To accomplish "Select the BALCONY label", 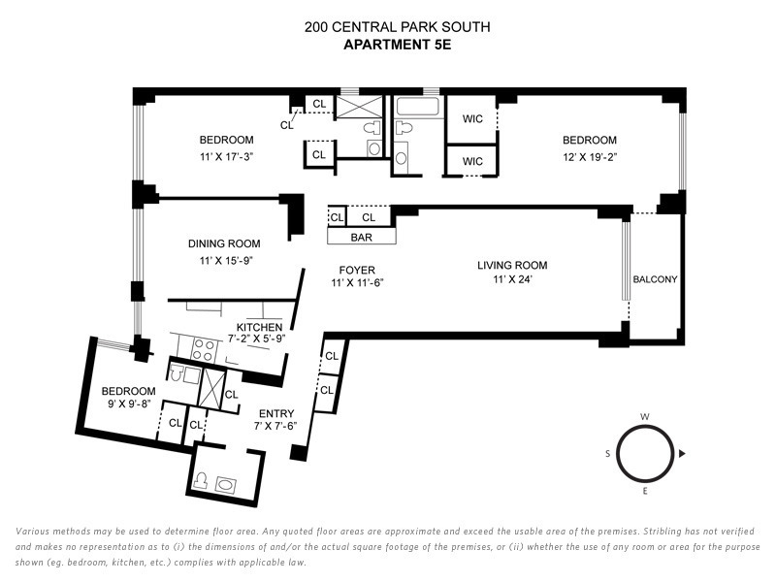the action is [655, 279].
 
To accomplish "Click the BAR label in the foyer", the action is [361, 236].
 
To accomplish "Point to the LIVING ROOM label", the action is [512, 266].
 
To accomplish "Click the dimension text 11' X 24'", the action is [512, 280].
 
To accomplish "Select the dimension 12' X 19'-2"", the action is [589, 155].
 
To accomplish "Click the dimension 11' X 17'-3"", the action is [227, 155].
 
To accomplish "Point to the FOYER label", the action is [357, 270].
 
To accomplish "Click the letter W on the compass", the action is [645, 417].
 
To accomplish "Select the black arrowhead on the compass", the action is [682, 453].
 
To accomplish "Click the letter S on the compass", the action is [608, 453].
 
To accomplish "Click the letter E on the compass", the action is [645, 492].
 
